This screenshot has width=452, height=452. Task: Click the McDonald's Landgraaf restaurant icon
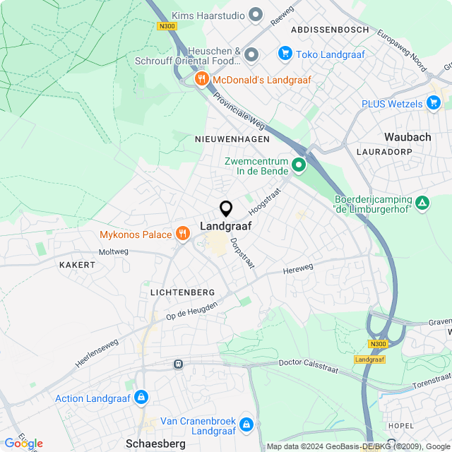202,79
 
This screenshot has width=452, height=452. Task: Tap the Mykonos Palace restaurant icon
183,234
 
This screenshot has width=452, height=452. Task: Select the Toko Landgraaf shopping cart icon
285,53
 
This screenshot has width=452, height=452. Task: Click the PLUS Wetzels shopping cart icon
434,104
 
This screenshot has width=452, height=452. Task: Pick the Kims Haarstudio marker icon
256,15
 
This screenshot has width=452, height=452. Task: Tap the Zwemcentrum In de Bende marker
299,166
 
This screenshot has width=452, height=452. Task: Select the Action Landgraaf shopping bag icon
141,398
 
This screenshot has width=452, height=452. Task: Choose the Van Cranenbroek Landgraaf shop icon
246,424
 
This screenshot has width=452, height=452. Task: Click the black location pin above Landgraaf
226,208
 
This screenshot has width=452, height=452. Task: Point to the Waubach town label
408,137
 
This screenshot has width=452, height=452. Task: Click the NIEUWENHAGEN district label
232,140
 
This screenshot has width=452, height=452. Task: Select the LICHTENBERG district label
182,292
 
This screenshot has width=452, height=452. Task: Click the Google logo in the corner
23,443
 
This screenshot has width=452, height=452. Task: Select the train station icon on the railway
178,364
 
